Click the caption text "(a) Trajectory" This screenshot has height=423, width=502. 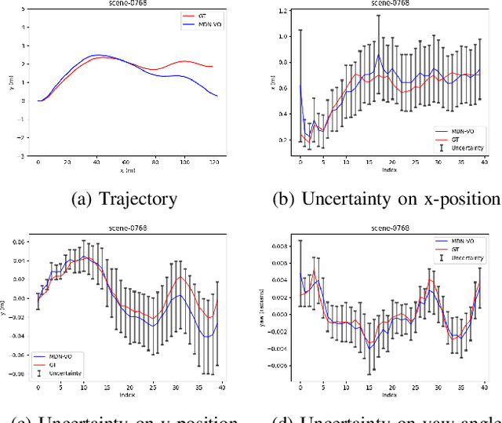pyautogui.click(x=125, y=198)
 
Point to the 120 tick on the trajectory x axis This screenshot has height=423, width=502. pyautogui.click(x=211, y=162)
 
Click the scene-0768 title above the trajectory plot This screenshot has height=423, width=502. pyautogui.click(x=125, y=4)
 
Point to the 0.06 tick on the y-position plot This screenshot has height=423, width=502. pyautogui.click(x=22, y=242)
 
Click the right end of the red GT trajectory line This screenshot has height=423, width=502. pyautogui.click(x=213, y=67)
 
